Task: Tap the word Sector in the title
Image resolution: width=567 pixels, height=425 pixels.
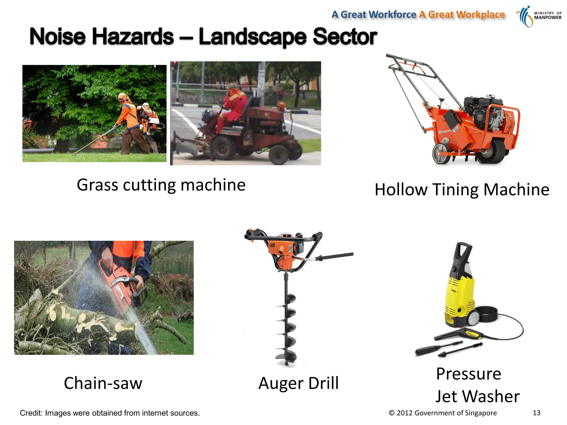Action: tap(345, 37)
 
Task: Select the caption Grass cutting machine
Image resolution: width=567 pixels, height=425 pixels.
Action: tap(161, 185)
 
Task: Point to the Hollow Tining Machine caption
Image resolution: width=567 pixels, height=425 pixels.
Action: tap(462, 190)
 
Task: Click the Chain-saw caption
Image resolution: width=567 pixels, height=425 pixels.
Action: tap(103, 383)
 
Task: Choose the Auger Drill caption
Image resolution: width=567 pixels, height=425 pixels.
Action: tap(298, 383)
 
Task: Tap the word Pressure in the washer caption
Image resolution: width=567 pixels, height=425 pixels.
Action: tap(468, 374)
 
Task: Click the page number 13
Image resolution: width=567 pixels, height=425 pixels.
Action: tap(536, 413)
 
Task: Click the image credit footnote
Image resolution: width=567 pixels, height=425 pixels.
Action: tap(110, 413)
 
